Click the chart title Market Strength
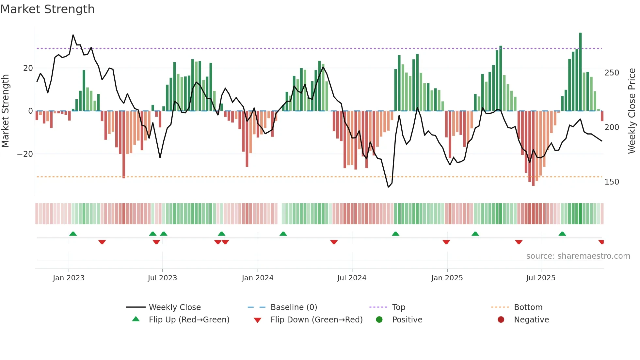point(47,9)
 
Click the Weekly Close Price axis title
point(632,111)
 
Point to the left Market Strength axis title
point(5,111)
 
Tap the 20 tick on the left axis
point(28,68)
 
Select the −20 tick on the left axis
point(25,154)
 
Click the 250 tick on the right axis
point(612,73)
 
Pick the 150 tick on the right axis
point(612,182)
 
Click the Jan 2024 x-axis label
point(258,278)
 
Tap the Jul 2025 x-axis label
point(540,278)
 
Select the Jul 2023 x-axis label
point(162,278)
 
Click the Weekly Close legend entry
point(175,307)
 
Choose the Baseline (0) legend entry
point(294,307)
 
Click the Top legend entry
point(398,307)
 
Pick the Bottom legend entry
point(528,307)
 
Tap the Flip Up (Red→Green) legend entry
point(189,320)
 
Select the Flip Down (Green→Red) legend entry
point(316,320)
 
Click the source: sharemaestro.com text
point(578,256)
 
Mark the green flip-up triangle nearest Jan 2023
point(73,234)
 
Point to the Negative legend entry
point(531,320)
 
